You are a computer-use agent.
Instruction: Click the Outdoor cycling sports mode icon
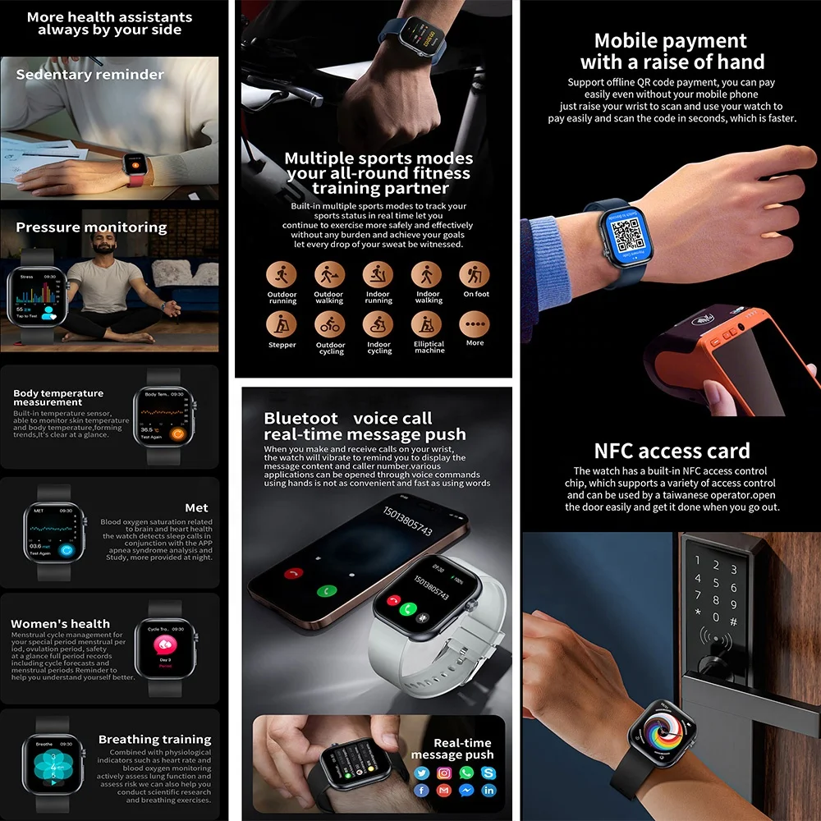pos(330,324)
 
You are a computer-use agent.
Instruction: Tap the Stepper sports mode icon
pos(282,324)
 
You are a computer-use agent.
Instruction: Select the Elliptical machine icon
pos(427,324)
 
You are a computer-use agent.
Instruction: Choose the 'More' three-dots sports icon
pos(475,324)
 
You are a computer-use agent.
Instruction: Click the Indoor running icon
pos(378,274)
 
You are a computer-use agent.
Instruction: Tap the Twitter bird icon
pos(422,773)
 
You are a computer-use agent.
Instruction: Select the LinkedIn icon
pos(489,791)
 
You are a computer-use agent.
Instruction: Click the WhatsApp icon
pos(466,773)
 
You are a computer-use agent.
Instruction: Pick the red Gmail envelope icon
pos(444,791)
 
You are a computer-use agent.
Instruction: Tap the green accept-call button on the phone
pos(327,590)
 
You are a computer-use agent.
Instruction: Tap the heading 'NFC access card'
pos(672,451)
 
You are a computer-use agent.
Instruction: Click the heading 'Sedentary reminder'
pos(90,75)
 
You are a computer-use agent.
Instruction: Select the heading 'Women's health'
pos(60,624)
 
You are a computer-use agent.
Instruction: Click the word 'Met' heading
pos(196,508)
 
